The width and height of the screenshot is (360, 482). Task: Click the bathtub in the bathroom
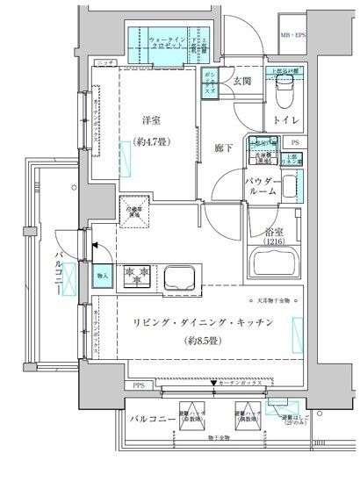coord(279,263)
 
